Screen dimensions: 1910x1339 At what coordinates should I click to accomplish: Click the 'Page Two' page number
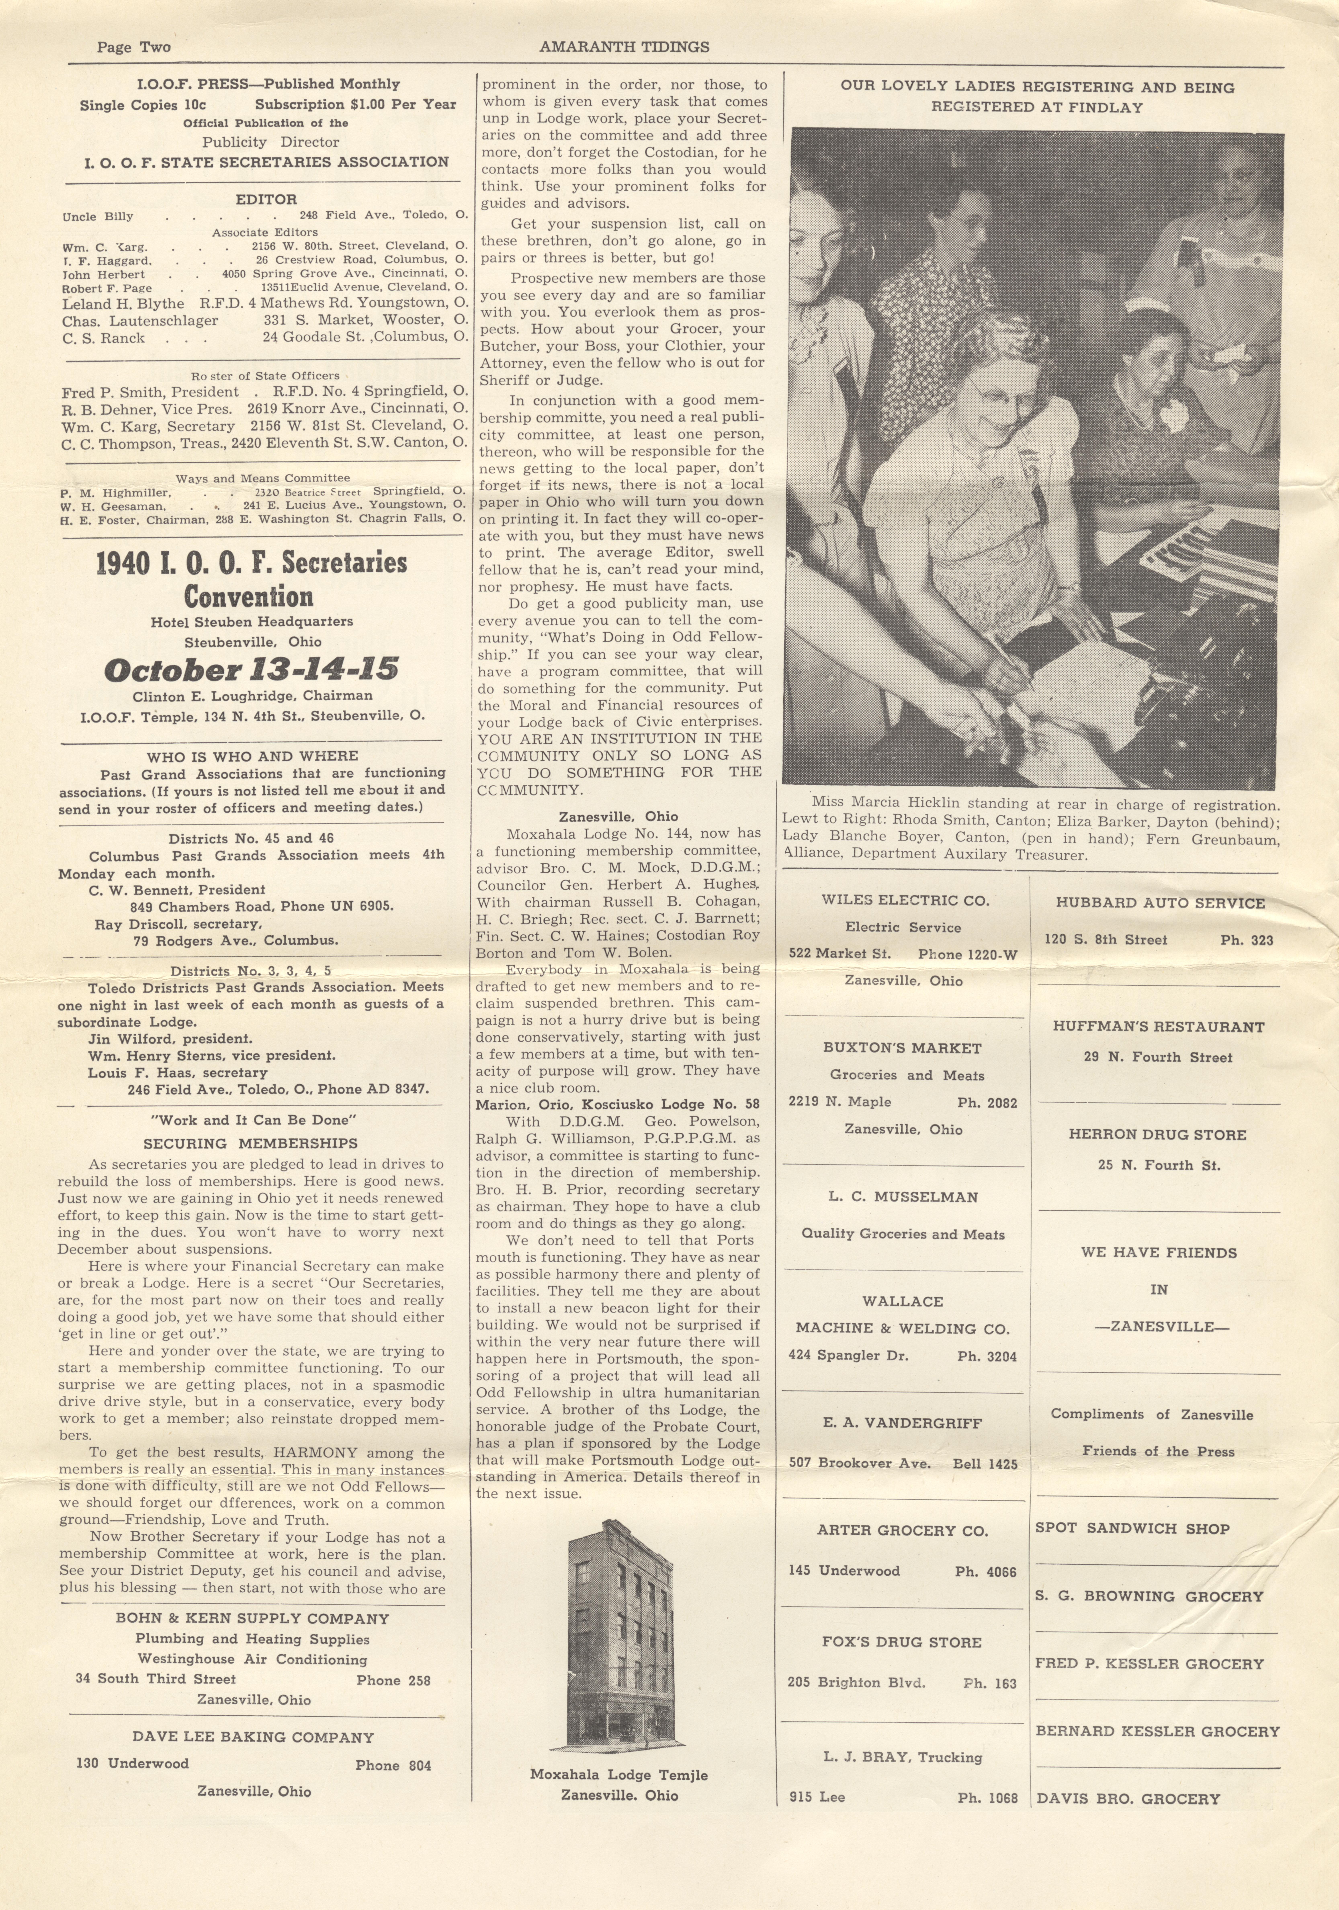point(133,47)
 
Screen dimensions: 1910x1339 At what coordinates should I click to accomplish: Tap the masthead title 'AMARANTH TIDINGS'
point(624,47)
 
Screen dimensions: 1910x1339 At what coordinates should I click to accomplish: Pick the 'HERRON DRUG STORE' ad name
point(1158,1135)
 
